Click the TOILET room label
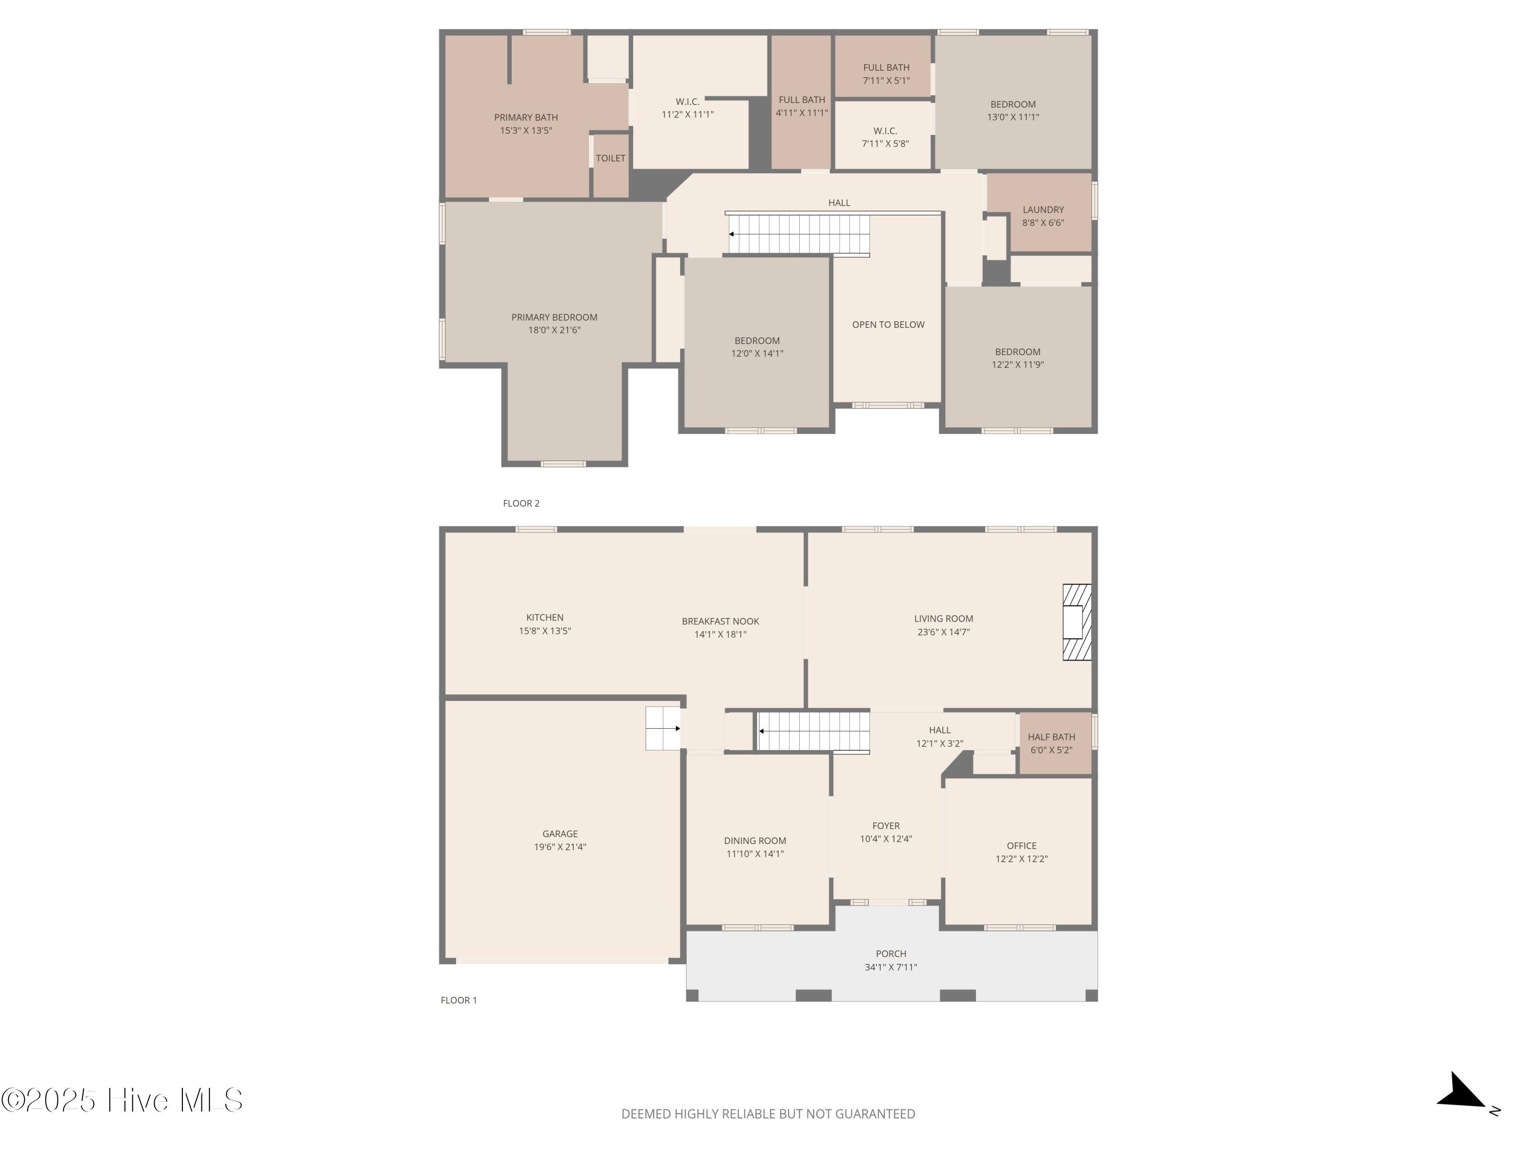pyautogui.click(x=611, y=158)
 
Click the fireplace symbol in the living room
pyautogui.click(x=1077, y=622)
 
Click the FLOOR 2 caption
pyautogui.click(x=521, y=503)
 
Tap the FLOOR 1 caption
pyautogui.click(x=459, y=1000)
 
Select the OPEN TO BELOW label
pyautogui.click(x=888, y=324)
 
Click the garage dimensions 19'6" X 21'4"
pyautogui.click(x=560, y=847)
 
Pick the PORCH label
pyautogui.click(x=891, y=954)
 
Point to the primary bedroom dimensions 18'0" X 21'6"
pyautogui.click(x=554, y=330)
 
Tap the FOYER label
pyautogui.click(x=886, y=826)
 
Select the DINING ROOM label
pyautogui.click(x=755, y=841)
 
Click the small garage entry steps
pyautogui.click(x=663, y=728)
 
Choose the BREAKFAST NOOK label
pyautogui.click(x=720, y=621)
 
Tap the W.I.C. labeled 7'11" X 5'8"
pyautogui.click(x=885, y=137)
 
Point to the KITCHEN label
pyautogui.click(x=545, y=617)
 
